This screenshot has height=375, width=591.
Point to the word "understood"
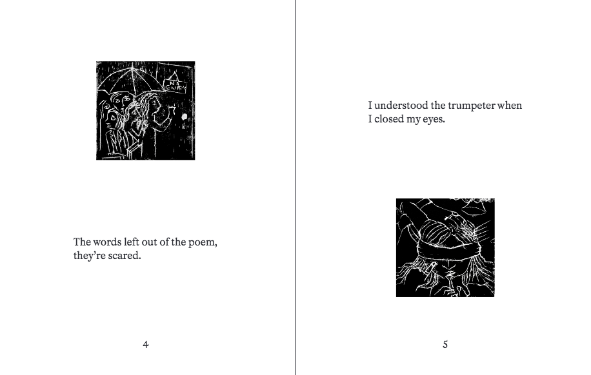pos(401,106)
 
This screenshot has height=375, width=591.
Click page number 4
pos(146,344)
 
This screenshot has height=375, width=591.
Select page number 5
pos(445,345)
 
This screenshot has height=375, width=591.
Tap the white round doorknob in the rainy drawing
pos(185,117)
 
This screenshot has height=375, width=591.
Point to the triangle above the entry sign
pos(173,77)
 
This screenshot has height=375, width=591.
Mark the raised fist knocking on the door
pos(172,110)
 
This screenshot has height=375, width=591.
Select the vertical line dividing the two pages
pos(295,187)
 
